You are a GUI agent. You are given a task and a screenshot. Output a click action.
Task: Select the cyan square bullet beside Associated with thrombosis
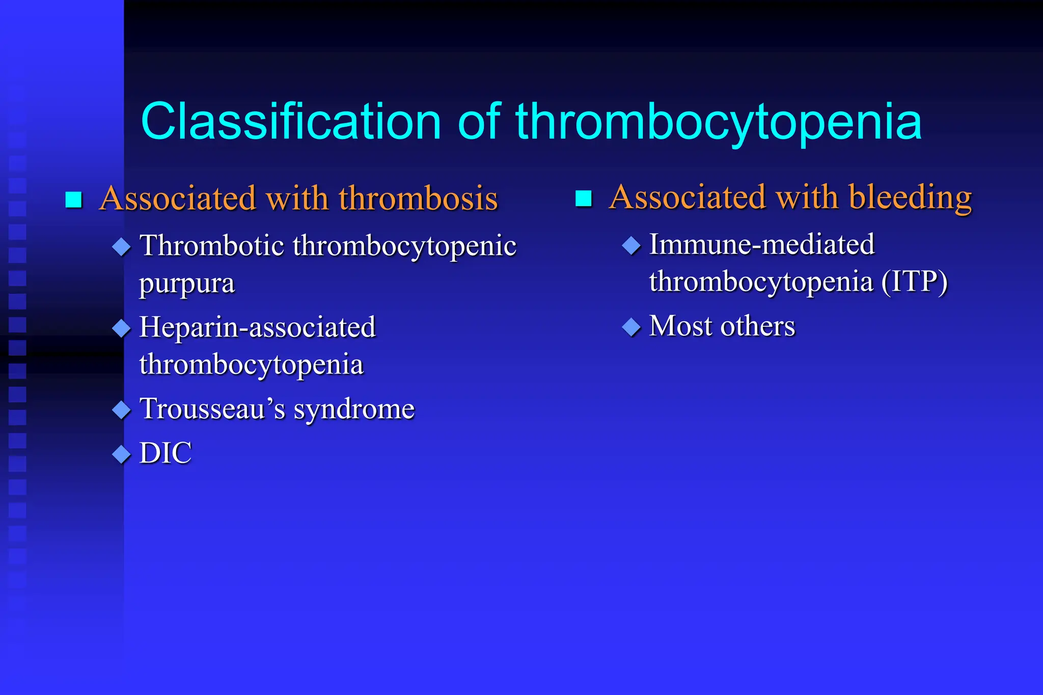coord(74,199)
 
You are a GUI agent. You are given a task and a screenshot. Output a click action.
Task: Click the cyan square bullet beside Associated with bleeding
coord(583,198)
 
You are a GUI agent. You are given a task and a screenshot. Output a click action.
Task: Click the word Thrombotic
coord(212,245)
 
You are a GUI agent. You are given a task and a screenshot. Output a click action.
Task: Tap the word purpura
coord(187,283)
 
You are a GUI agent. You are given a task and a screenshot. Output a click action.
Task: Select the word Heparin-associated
coord(258,327)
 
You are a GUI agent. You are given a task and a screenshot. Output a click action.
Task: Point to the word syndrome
coord(354,409)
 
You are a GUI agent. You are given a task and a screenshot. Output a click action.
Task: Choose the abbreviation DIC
coord(166,453)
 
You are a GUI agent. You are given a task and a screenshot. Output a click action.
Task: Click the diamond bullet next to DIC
coord(122,454)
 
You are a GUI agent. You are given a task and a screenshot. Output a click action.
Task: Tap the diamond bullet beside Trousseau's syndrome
coord(122,410)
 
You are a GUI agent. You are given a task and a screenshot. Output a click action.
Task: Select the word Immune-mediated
coord(762,244)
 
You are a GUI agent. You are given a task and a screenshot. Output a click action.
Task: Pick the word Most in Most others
coord(681,326)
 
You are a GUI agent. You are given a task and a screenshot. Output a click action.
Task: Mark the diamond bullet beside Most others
coord(632,327)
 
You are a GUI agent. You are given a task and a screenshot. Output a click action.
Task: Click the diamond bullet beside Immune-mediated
coord(632,246)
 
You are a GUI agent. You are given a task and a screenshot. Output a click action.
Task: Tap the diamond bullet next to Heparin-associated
coord(122,328)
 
